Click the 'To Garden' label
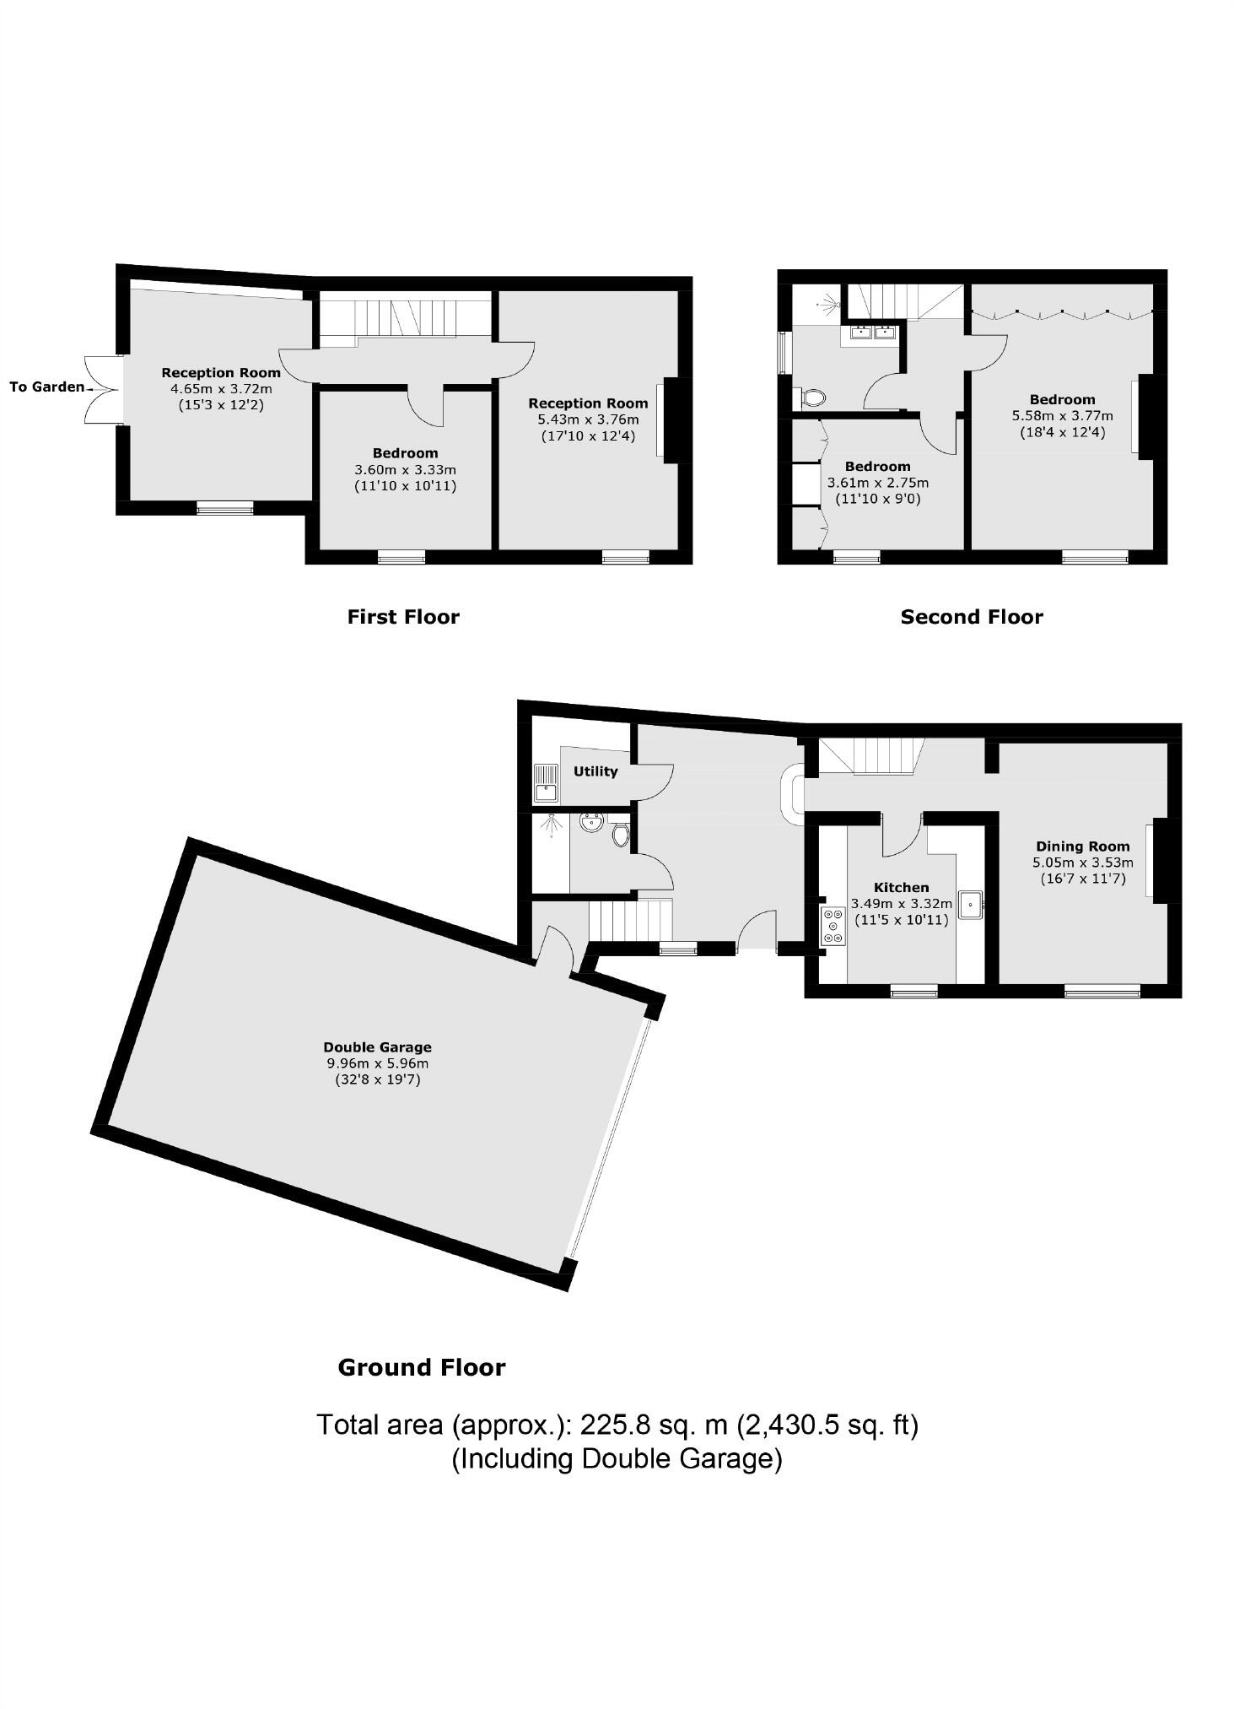coord(46,387)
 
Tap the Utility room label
coord(595,771)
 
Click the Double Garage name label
coord(377,1047)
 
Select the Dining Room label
coord(1082,846)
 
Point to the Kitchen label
coord(901,887)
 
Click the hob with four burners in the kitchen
coord(833,926)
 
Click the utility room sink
coord(546,782)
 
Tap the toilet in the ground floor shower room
coord(621,835)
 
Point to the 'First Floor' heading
coord(403,617)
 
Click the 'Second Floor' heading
coord(972,617)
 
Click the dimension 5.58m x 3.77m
coord(1062,416)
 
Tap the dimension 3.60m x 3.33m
coord(405,470)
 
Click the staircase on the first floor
coord(405,317)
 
